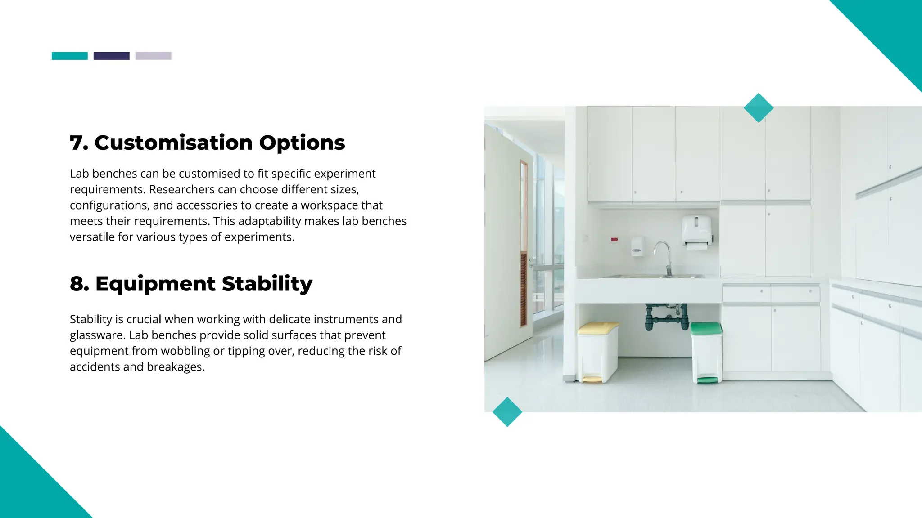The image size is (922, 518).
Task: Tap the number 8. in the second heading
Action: pyautogui.click(x=79, y=284)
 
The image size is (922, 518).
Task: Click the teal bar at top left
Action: pyautogui.click(x=69, y=56)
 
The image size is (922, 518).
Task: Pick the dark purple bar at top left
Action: pyautogui.click(x=111, y=56)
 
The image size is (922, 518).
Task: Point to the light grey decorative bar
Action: pyautogui.click(x=153, y=56)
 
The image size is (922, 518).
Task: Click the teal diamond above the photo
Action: pyautogui.click(x=758, y=108)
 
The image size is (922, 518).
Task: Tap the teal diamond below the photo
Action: pyautogui.click(x=507, y=412)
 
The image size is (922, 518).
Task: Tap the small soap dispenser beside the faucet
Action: pyautogui.click(x=637, y=247)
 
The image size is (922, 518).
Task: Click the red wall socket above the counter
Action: pyautogui.click(x=614, y=240)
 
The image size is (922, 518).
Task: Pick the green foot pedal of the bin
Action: pyautogui.click(x=707, y=380)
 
